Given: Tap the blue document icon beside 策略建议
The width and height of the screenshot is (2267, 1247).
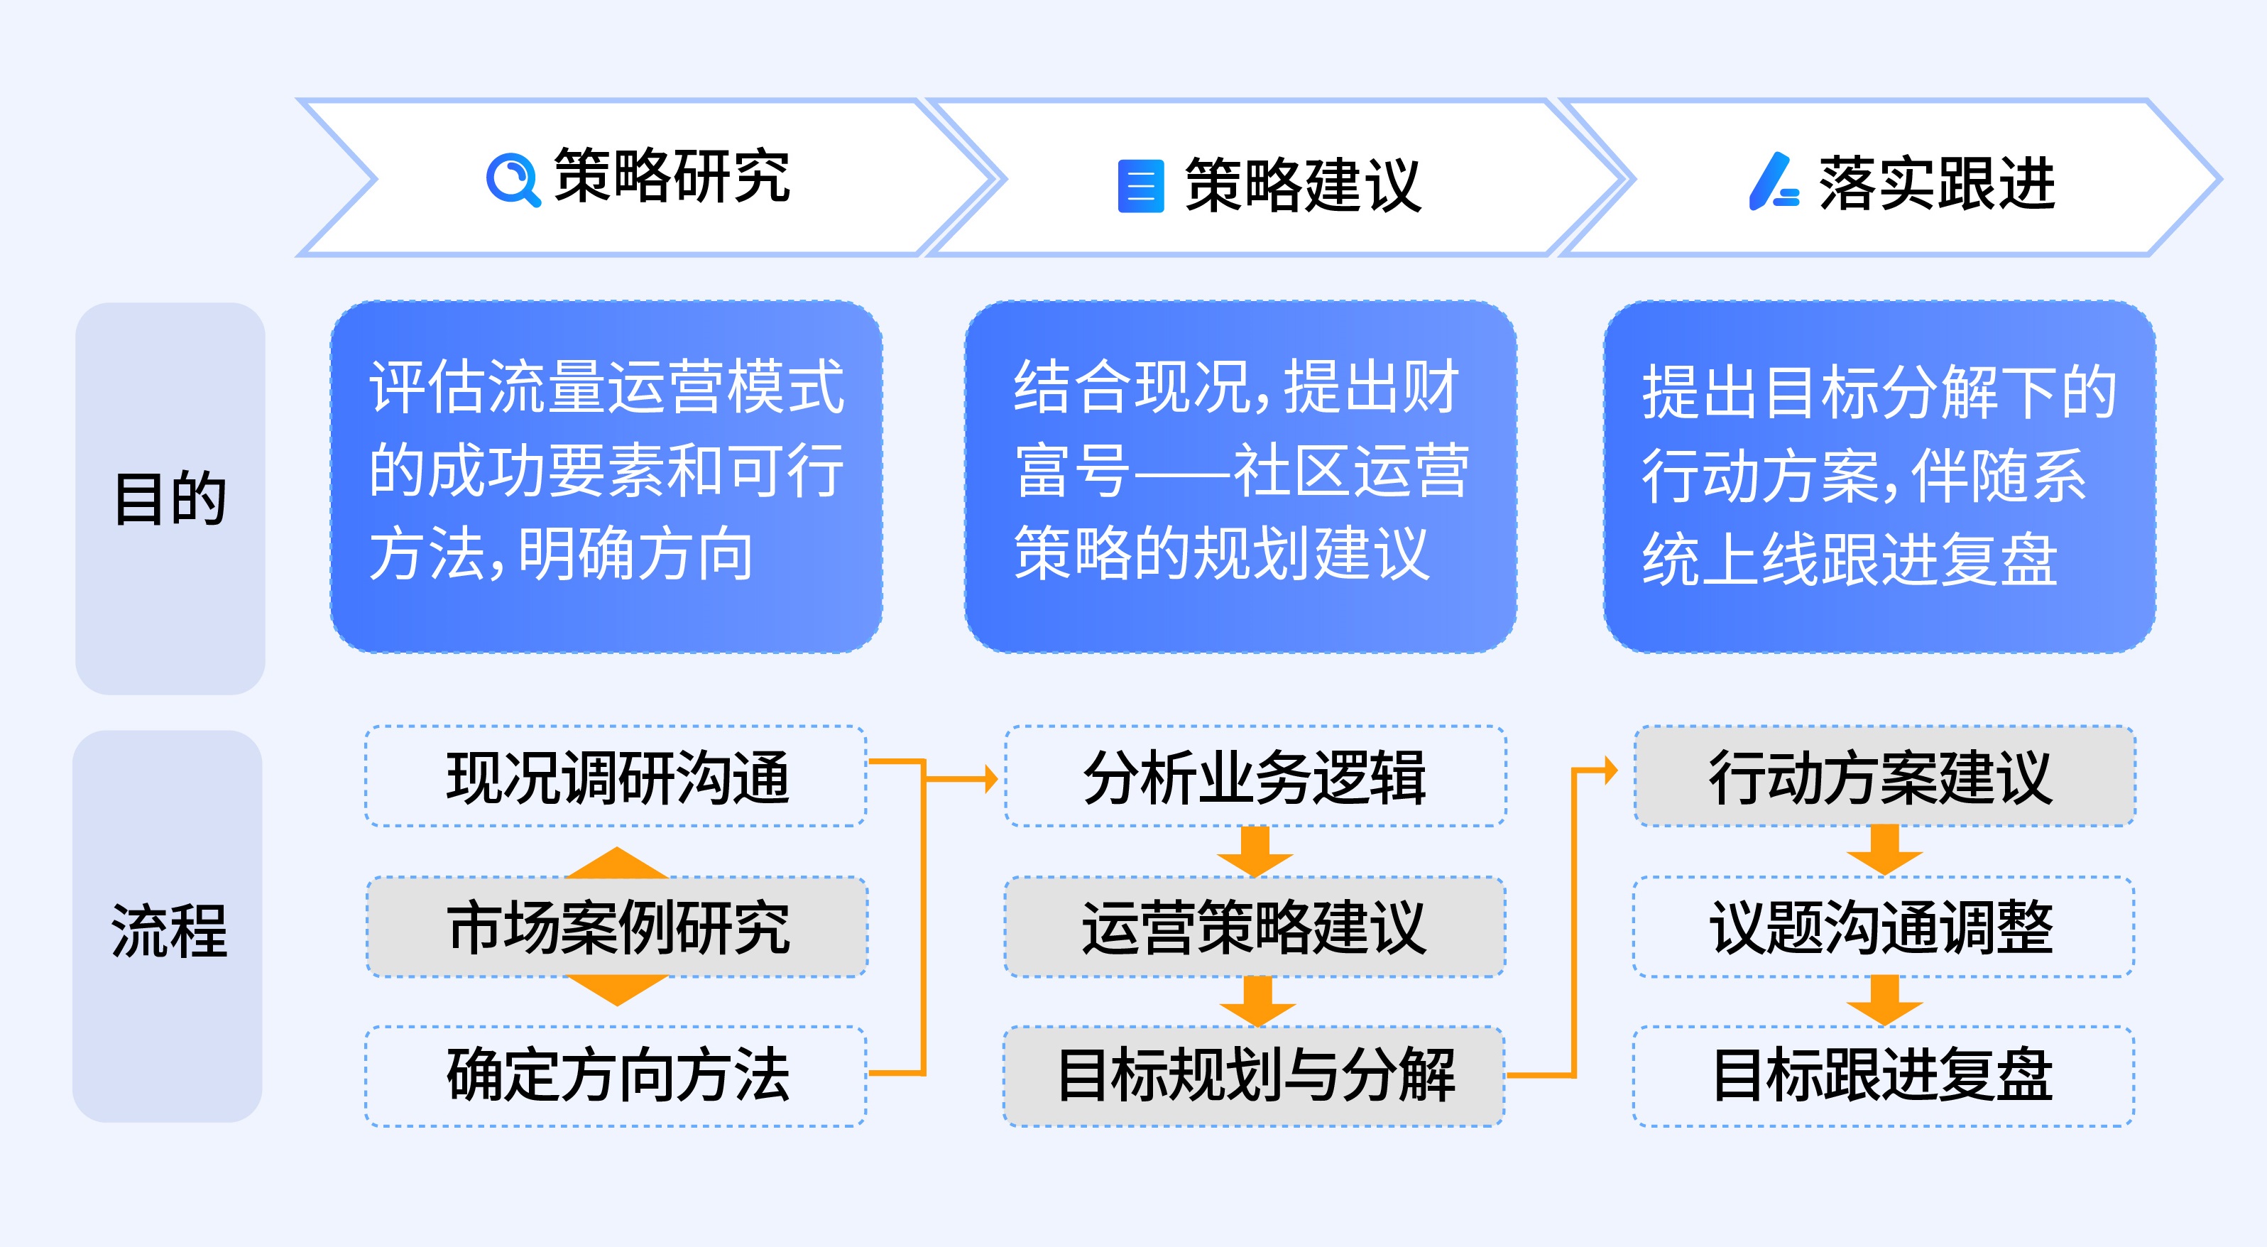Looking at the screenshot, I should pos(1140,185).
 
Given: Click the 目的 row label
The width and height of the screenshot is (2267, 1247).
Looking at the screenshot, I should pos(170,498).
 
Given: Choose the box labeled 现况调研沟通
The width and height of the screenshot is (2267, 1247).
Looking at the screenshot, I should pos(616,777).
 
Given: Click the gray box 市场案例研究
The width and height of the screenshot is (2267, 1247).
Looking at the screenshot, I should pos(617,927).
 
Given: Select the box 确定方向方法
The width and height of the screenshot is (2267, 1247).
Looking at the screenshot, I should pos(616,1075).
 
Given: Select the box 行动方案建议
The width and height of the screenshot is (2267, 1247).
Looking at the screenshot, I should pos(1884,777).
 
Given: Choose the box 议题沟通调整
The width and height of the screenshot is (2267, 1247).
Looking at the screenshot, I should pos(1884,927).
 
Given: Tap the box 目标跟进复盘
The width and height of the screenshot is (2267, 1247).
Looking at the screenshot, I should pos(1884,1075).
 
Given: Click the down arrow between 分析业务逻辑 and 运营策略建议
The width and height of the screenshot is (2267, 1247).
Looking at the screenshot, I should pos(1255,852).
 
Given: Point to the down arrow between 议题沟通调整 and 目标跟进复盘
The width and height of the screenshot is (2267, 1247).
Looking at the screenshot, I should pos(1884,1001).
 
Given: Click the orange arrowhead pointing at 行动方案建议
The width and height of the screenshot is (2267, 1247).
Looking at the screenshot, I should pos(1610,771).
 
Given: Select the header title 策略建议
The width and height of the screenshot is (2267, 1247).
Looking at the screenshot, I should pos(1302,185).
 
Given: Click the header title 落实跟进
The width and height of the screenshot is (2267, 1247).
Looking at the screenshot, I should pos(1937,183).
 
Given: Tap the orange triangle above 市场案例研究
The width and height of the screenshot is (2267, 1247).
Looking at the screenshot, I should pos(617,864).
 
